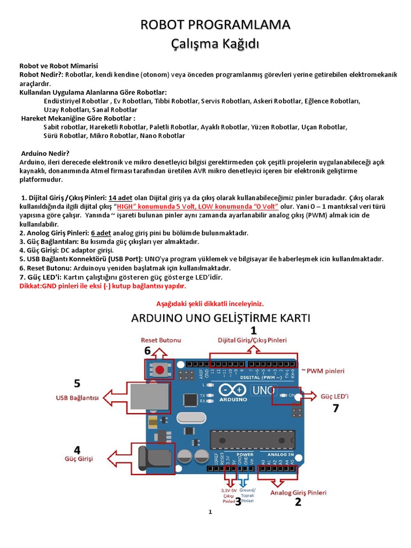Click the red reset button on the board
click(x=158, y=368)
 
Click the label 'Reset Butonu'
click(x=161, y=340)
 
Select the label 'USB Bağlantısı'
click(x=78, y=398)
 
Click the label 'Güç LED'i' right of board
click(x=334, y=397)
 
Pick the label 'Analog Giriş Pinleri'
click(x=298, y=492)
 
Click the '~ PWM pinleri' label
click(x=323, y=370)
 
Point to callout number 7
click(x=336, y=408)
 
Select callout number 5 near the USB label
click(x=77, y=383)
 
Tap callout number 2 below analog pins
click(x=298, y=502)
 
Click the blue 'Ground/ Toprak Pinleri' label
click(x=248, y=496)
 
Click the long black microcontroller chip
click(x=252, y=439)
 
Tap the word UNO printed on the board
click(x=265, y=390)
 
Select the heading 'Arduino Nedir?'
click(x=45, y=153)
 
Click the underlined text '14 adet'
click(x=120, y=197)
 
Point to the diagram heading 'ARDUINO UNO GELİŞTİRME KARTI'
click(x=221, y=318)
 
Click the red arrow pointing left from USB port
click(x=115, y=398)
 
